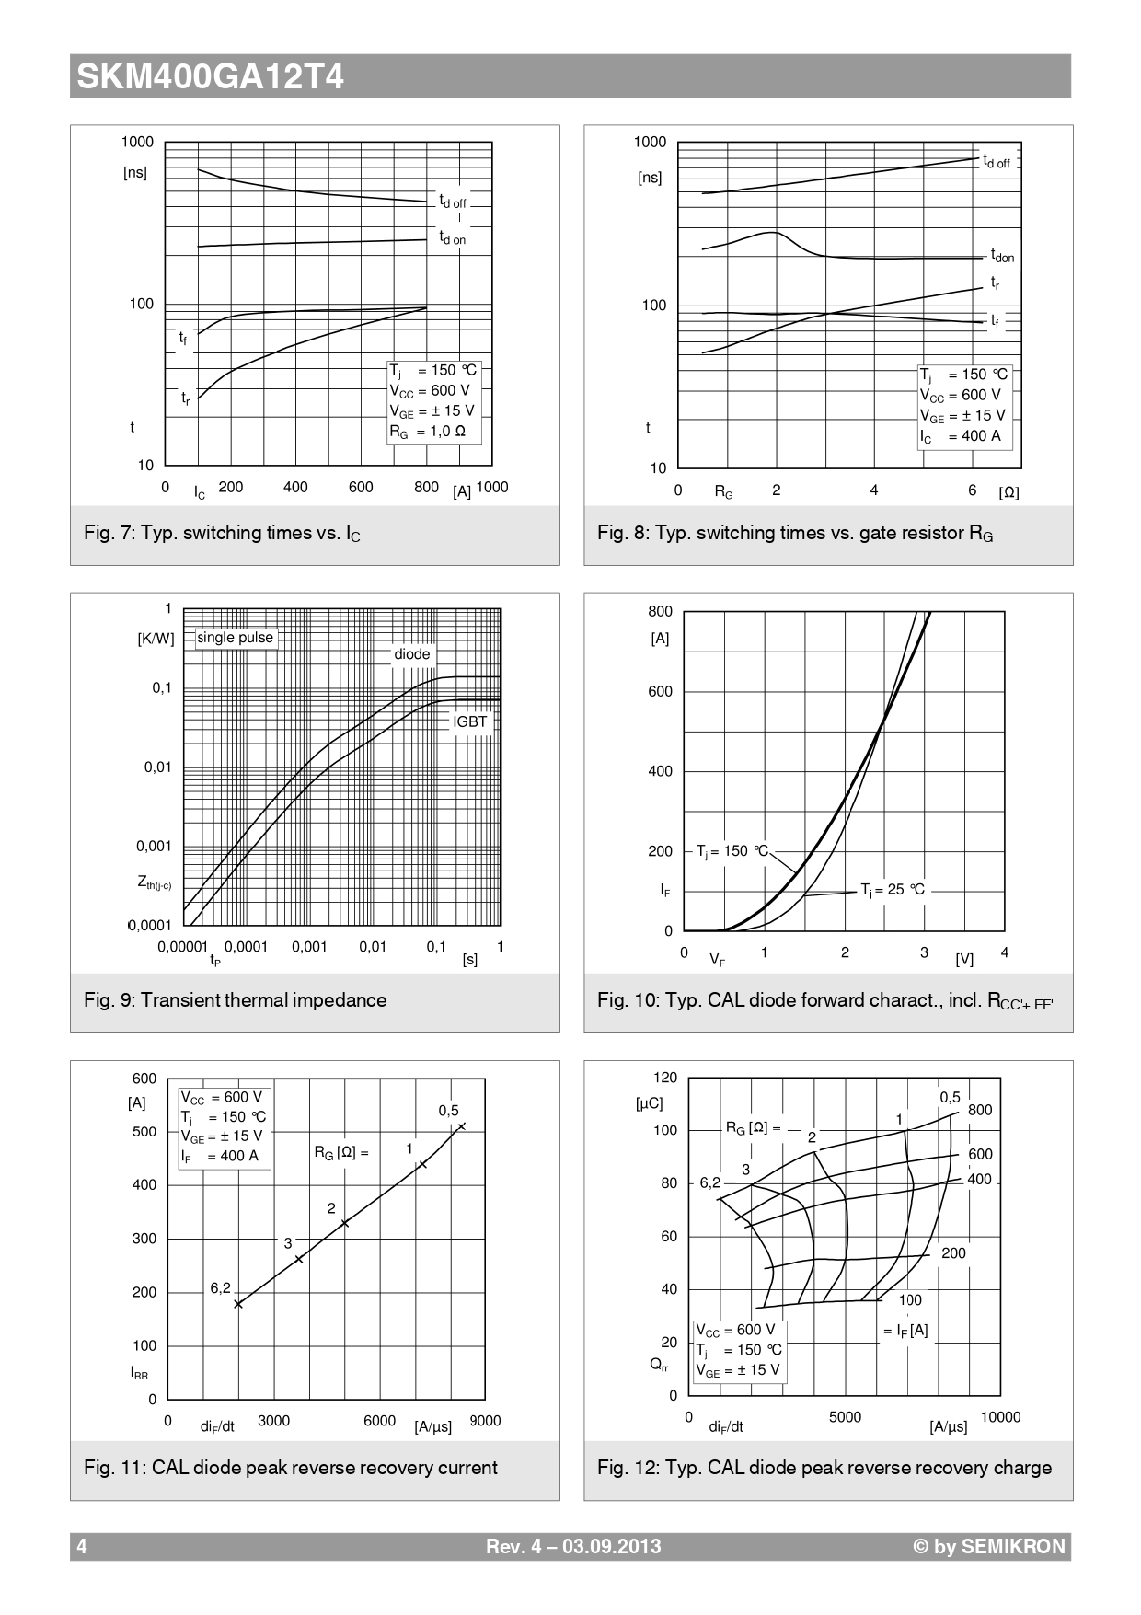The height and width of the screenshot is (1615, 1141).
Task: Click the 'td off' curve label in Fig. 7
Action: (x=452, y=202)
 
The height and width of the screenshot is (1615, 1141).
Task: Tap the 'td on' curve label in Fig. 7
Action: (x=452, y=238)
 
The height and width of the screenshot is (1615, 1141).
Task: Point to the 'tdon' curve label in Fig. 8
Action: (x=1002, y=256)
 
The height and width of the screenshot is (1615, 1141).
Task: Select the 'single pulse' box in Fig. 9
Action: (x=236, y=638)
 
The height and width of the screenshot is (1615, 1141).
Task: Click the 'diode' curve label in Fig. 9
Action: (x=412, y=654)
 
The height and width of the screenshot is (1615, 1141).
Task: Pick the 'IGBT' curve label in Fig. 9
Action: (x=469, y=721)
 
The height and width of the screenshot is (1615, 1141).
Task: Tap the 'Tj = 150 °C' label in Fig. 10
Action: (x=732, y=851)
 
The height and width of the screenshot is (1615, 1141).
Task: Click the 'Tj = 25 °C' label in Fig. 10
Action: (x=893, y=890)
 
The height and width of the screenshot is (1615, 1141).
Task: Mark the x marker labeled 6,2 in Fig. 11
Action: (x=238, y=1304)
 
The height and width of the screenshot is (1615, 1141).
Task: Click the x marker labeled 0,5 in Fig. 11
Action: (x=462, y=1126)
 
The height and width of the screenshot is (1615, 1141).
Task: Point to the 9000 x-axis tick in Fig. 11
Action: (x=485, y=1421)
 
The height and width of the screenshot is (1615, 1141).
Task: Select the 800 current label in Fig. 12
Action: (x=980, y=1110)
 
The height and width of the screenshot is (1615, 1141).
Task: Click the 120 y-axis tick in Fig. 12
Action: (x=664, y=1078)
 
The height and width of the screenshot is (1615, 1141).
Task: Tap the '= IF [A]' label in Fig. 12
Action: (x=905, y=1330)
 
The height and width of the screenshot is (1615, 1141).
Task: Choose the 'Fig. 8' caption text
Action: (x=795, y=533)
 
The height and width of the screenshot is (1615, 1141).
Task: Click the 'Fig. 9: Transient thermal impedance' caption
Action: (x=235, y=1000)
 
